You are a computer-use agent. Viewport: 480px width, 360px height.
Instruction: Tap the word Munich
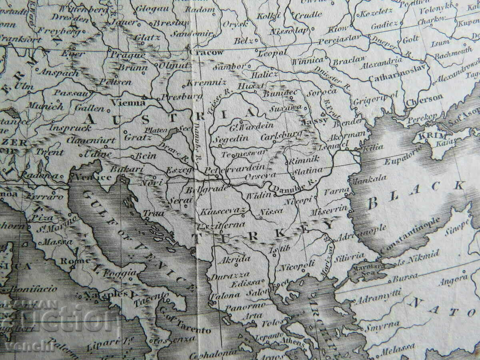pos(46,106)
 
